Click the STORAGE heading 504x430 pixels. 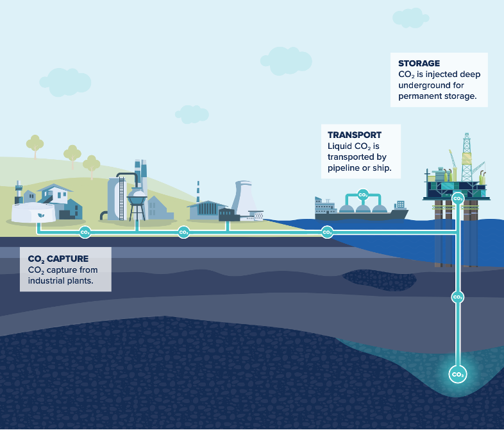coord(419,64)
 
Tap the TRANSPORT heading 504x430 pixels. coord(355,135)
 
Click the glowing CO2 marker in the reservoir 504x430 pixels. coord(458,374)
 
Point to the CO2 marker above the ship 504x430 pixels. coord(362,194)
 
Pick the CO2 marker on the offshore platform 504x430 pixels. coord(457,198)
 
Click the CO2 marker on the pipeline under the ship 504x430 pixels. coord(327,232)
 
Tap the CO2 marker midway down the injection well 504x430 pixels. coord(458,297)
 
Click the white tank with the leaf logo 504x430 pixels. coord(32,214)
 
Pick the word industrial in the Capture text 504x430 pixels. coord(47,280)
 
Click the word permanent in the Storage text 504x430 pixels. coord(423,96)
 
